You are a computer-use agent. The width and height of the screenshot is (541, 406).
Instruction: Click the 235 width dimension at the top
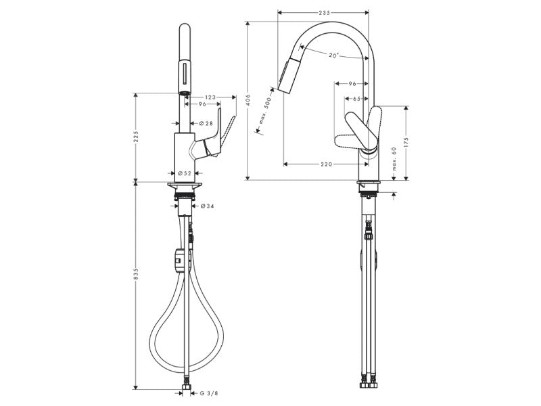[x=325, y=13]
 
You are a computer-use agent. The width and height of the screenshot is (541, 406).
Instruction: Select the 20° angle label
[x=333, y=55]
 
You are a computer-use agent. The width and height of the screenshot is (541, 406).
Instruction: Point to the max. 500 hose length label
[x=266, y=111]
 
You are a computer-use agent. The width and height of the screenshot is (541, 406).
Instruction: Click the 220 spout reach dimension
[x=327, y=164]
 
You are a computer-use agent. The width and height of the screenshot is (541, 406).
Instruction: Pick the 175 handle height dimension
[x=406, y=143]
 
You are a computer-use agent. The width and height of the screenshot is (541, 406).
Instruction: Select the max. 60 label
[x=394, y=159]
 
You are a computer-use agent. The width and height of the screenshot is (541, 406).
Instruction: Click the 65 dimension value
[x=356, y=99]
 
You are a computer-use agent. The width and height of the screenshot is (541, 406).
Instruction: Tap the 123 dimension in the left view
[x=210, y=97]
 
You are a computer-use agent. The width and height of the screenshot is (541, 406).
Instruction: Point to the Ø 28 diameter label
[x=206, y=123]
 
